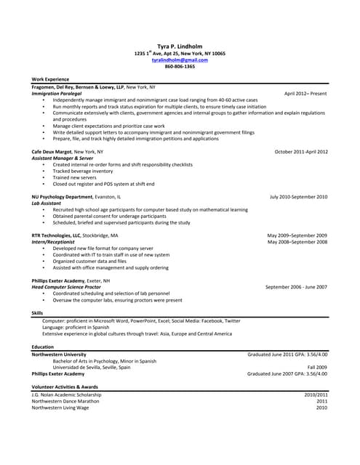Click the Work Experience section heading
pos(50,79)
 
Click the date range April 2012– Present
pos(305,94)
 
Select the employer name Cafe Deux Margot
pos(52,152)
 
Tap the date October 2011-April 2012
pos(301,152)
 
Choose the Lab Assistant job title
pos(46,203)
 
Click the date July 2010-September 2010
pos(298,197)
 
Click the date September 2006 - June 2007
pos(296,287)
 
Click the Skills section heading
pos(37,313)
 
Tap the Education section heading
pos(42,347)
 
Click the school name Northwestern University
pos(59,355)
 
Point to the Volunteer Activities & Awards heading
pos(64,387)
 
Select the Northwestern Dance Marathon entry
pos(65,401)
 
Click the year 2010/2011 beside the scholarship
pos(316,395)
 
